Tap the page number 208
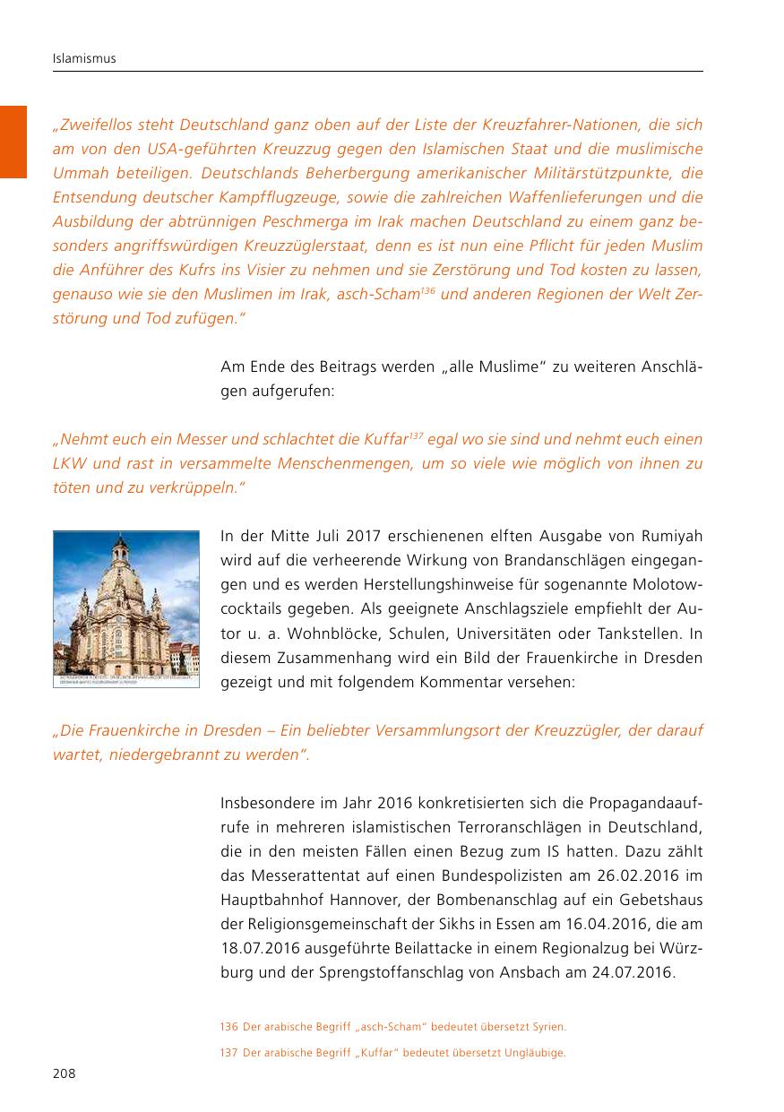point(65,1073)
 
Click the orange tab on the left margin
point(13,142)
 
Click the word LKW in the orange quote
point(68,463)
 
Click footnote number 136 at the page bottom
point(228,1026)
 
